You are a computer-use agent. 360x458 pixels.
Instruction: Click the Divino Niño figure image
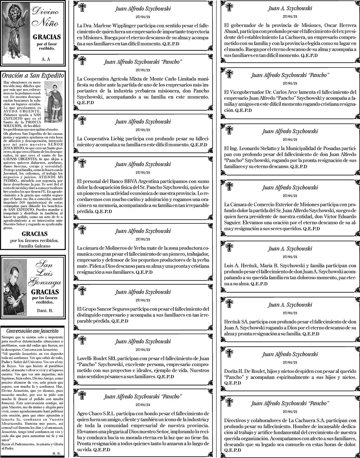pos(15,32)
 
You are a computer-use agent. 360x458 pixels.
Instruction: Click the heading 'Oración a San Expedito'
pos(33,76)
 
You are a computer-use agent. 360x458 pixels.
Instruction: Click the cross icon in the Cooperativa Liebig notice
pos(82,121)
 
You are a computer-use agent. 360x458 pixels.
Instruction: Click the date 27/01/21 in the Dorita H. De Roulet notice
pos(290,362)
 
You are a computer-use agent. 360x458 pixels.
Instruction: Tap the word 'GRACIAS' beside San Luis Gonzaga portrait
pos(45,292)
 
